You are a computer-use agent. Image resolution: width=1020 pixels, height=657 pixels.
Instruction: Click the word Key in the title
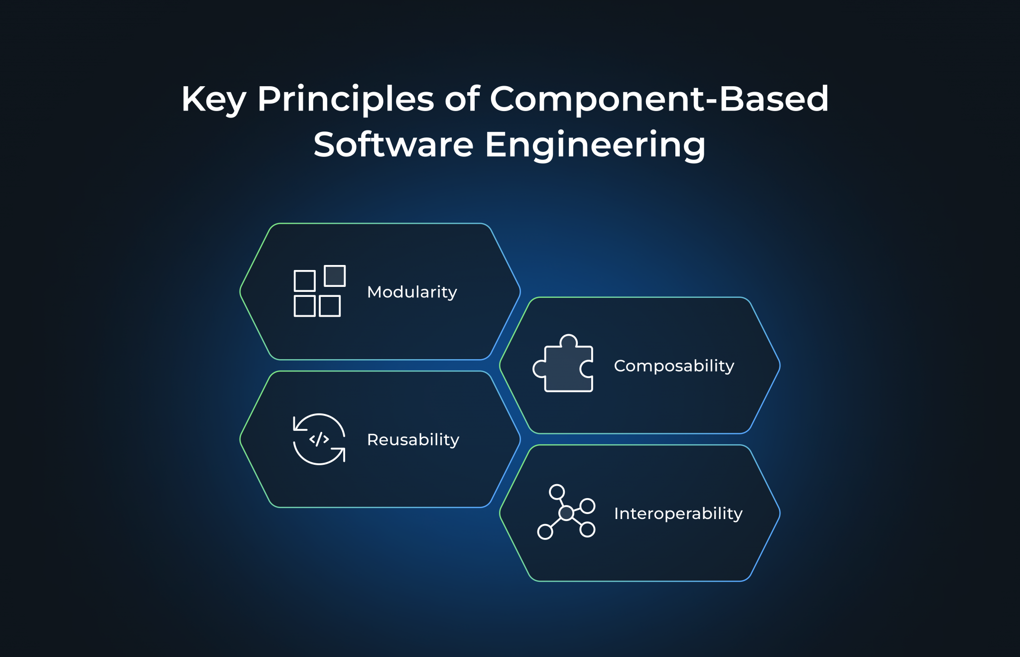coord(214,100)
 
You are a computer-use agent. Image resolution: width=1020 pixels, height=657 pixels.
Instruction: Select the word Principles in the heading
coord(345,100)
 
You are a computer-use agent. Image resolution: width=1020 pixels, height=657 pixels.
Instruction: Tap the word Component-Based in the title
coord(659,100)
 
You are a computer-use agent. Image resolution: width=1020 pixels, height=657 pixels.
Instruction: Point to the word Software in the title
coord(393,145)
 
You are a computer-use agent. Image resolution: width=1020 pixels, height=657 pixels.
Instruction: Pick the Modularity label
coord(412,292)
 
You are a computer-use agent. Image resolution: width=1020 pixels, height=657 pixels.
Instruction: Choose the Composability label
coord(674,366)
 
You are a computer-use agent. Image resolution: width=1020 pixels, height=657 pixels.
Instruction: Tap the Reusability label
coord(413,439)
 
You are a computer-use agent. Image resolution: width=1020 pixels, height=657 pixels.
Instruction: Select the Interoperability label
coord(678,513)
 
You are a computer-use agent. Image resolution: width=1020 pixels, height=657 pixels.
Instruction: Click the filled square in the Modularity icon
coord(335,276)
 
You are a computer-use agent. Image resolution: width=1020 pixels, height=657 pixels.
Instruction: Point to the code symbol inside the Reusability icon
coord(319,439)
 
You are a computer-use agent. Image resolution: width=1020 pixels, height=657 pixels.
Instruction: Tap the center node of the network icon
coord(566,513)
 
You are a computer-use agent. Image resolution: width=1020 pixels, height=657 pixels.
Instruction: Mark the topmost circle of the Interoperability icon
coord(556,492)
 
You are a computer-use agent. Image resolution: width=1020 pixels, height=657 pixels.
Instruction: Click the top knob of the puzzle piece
coord(568,341)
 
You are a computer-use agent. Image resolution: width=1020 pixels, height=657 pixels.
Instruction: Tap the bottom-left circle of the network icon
coord(545,531)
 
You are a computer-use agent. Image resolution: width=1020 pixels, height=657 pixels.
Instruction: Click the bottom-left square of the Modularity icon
coord(304,306)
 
